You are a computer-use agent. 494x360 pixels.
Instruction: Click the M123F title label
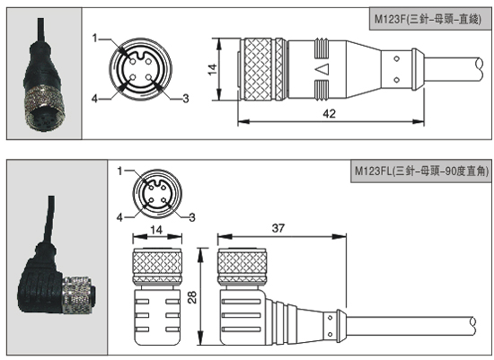point(428,20)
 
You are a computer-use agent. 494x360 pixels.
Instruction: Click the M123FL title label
point(421,171)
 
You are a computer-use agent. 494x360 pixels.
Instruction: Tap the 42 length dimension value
point(330,114)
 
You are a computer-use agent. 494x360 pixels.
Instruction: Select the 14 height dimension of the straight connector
point(213,69)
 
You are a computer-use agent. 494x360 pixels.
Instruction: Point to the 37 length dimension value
point(278,228)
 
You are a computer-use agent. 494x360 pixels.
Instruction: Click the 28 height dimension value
point(192,297)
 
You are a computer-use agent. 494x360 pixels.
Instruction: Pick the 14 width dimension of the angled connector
point(156,230)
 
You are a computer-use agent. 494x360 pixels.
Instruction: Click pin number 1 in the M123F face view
point(95,38)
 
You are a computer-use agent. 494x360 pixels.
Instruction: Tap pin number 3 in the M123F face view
point(186,99)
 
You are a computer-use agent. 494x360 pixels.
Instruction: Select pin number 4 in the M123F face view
point(94,99)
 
